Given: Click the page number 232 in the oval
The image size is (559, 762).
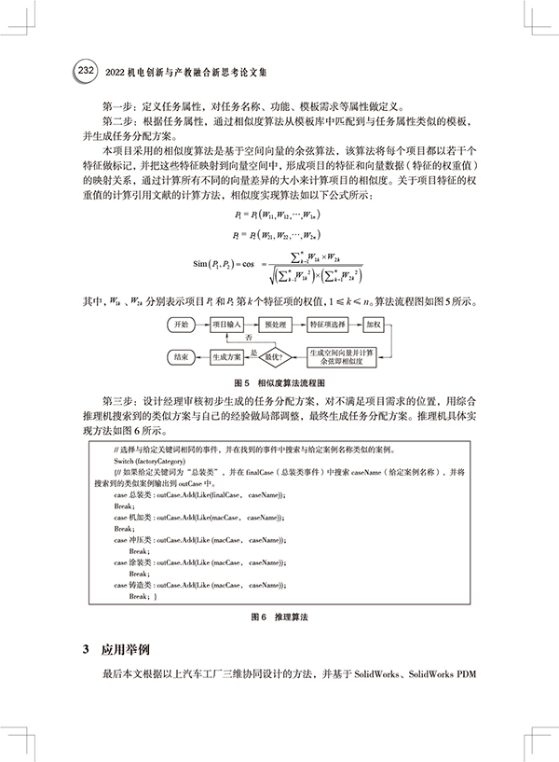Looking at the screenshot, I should pyautogui.click(x=83, y=71).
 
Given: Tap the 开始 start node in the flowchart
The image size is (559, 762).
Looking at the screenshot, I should pyautogui.click(x=182, y=324).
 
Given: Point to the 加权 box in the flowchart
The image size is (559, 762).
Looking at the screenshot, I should pyautogui.click(x=375, y=324).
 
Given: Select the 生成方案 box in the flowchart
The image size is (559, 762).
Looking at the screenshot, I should pyautogui.click(x=226, y=356).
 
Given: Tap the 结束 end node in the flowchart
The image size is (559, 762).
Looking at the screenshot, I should pyautogui.click(x=181, y=356).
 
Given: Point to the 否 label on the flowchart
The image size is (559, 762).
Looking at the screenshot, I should pyautogui.click(x=248, y=338).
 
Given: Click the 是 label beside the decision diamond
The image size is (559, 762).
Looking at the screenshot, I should pyautogui.click(x=252, y=352).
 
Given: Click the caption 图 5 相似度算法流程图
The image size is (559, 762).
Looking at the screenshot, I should pyautogui.click(x=279, y=382).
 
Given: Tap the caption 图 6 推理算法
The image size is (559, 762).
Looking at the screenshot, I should pyautogui.click(x=279, y=617).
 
